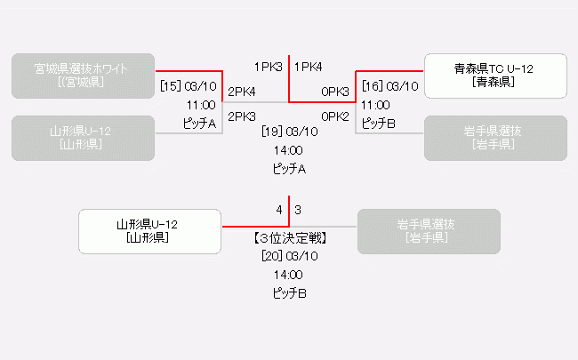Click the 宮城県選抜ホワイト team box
pyautogui.click(x=84, y=76)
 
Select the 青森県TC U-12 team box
pyautogui.click(x=495, y=76)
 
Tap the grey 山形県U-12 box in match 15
pyautogui.click(x=84, y=138)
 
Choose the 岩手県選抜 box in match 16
pyautogui.click(x=495, y=138)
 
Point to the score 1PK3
pyautogui.click(x=268, y=67)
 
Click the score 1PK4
pyautogui.click(x=308, y=67)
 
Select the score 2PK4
pyautogui.click(x=242, y=92)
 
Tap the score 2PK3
pyautogui.click(x=242, y=116)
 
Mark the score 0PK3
pyautogui.click(x=335, y=92)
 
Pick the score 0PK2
pyautogui.click(x=335, y=116)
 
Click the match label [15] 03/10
pyautogui.click(x=189, y=86)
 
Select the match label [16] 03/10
pyautogui.click(x=389, y=86)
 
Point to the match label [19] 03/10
pyautogui.click(x=289, y=132)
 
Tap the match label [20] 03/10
pyautogui.click(x=289, y=256)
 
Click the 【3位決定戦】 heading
pyautogui.click(x=289, y=238)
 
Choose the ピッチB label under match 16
pyautogui.click(x=378, y=124)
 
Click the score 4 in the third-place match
pyautogui.click(x=279, y=211)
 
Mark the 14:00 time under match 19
pyautogui.click(x=289, y=150)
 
